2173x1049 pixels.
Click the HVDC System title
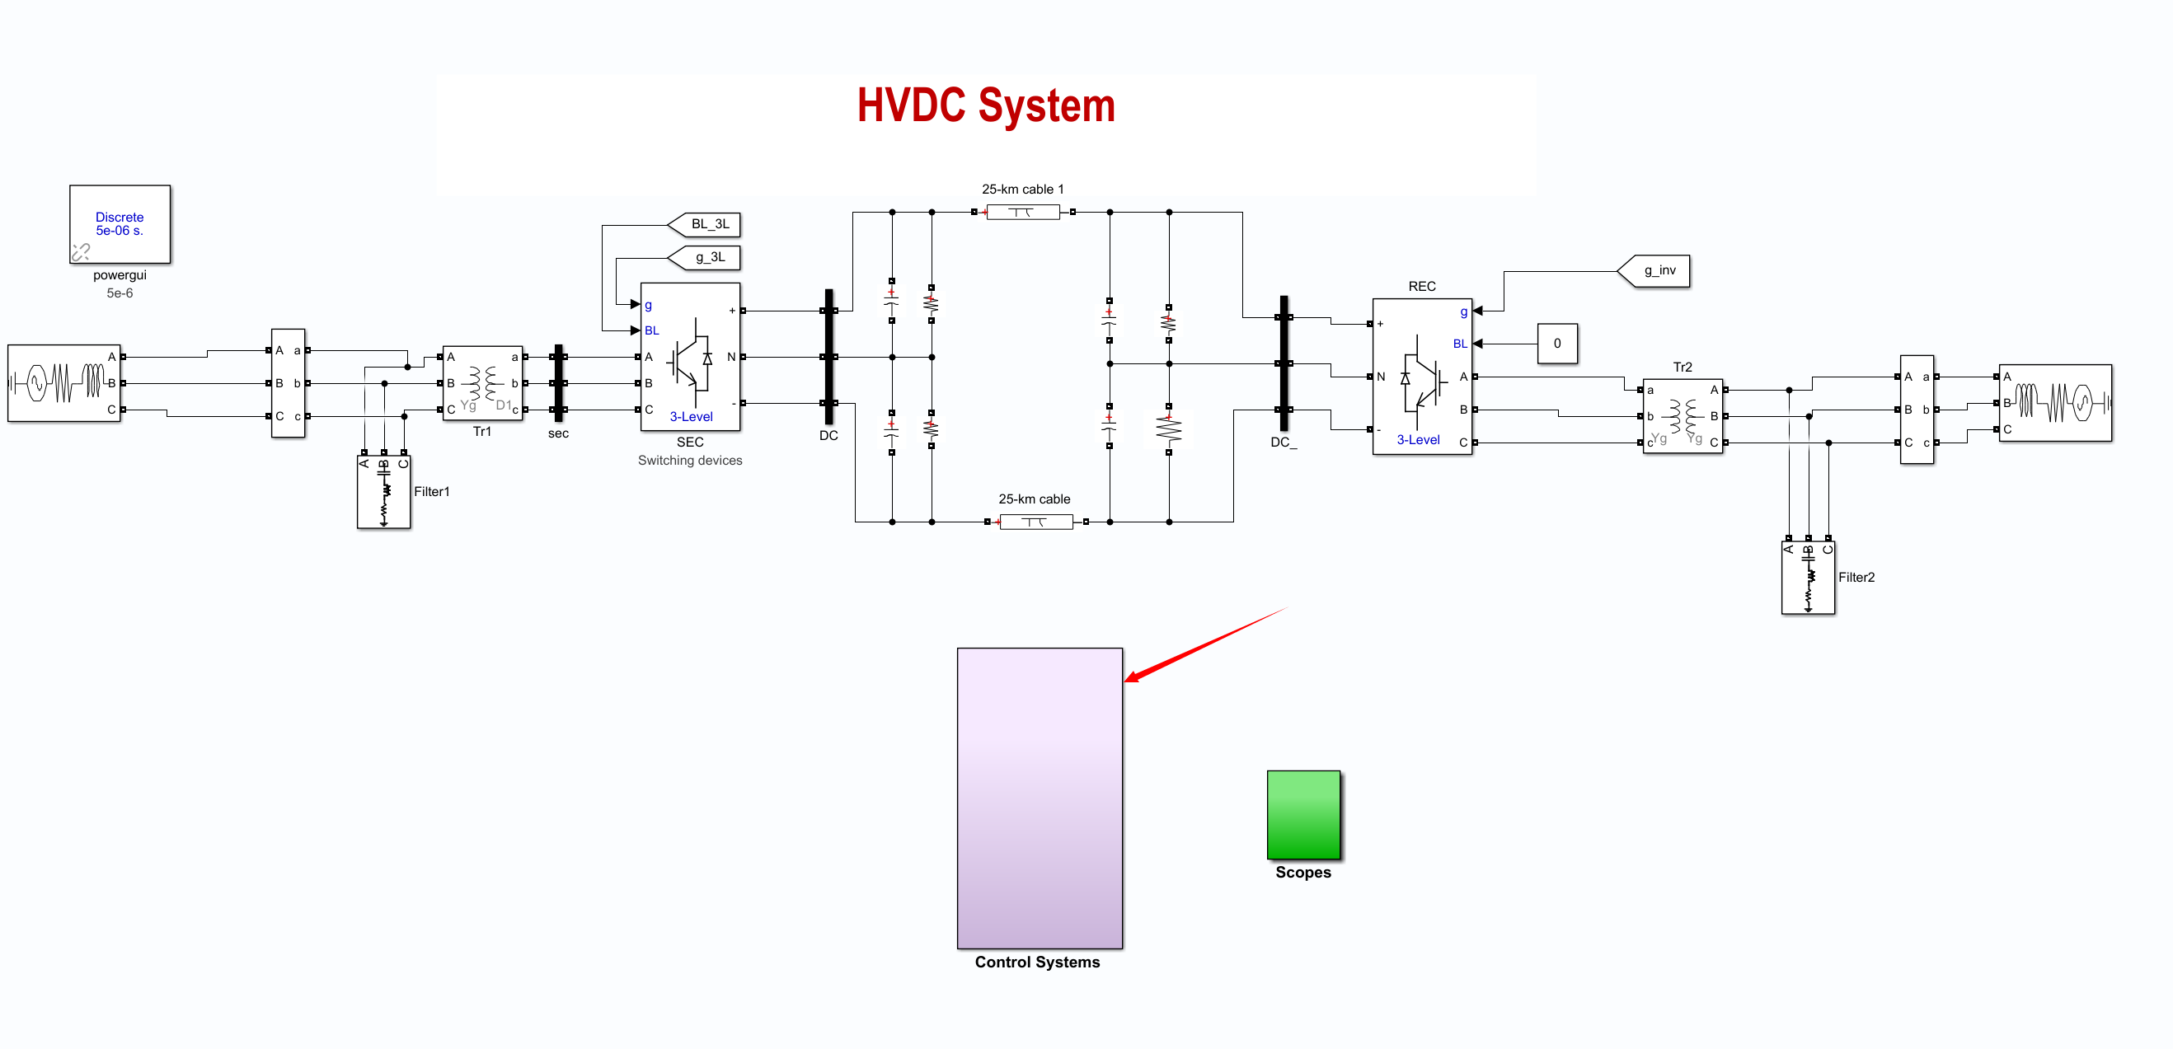pos(985,106)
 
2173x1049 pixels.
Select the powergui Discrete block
pos(120,224)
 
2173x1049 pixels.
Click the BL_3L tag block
pos(707,224)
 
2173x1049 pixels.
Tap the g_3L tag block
pos(707,257)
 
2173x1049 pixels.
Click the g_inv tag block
pos(1657,270)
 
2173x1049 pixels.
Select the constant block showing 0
pos(1556,343)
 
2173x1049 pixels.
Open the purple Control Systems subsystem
pos(1040,797)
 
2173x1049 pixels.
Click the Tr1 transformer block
pos(482,384)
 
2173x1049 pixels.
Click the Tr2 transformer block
pos(1682,415)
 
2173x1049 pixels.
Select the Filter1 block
pos(384,493)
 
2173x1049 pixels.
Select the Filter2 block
pos(1807,578)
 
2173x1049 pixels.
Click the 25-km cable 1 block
pos(1022,213)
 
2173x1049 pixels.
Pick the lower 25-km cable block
pos(1036,522)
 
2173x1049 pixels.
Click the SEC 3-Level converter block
pos(690,358)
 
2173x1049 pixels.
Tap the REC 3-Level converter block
pos(1421,377)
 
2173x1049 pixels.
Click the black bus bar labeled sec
pos(557,384)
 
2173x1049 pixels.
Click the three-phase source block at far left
pos(64,383)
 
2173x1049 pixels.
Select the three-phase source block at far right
pos(2055,403)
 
